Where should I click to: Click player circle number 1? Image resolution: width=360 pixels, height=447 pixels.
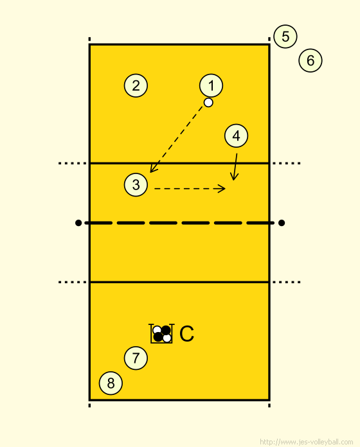[211, 85]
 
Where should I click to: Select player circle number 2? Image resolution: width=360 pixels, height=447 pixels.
[136, 85]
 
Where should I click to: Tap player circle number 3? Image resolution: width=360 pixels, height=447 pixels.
[136, 185]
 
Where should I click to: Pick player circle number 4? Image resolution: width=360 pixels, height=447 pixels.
[236, 136]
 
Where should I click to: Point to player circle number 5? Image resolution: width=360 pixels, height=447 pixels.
[285, 37]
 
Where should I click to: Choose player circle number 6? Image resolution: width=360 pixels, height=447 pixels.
[310, 60]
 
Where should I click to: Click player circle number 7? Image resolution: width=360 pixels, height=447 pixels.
[136, 358]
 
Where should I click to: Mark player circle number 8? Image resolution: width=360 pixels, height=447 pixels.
[111, 383]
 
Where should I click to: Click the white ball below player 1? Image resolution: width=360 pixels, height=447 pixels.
[208, 102]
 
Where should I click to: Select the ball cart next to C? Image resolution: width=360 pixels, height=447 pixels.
[161, 333]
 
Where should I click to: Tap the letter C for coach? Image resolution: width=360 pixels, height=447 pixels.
[187, 334]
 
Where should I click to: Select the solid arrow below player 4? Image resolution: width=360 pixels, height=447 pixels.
[235, 167]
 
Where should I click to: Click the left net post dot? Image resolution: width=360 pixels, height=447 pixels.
[78, 223]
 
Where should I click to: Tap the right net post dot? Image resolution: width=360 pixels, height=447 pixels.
[282, 223]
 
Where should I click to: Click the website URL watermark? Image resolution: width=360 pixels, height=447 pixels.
[307, 442]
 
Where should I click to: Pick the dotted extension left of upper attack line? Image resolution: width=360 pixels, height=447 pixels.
[73, 163]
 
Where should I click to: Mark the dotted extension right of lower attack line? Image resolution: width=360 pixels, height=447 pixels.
[287, 282]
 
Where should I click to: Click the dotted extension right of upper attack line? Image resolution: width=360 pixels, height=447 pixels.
[287, 163]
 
